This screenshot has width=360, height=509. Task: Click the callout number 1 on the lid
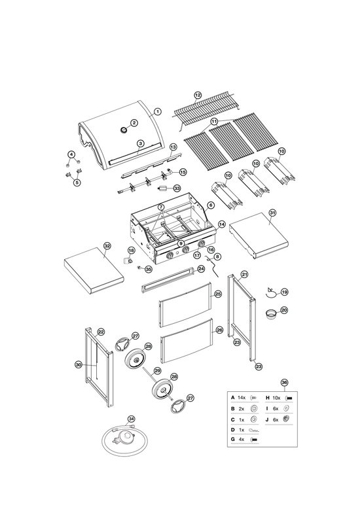click(x=158, y=112)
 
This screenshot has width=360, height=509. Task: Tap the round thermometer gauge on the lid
click(x=124, y=130)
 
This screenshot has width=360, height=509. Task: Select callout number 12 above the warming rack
click(x=198, y=95)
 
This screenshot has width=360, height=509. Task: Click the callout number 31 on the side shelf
click(x=272, y=213)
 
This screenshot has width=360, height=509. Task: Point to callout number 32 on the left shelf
click(x=107, y=246)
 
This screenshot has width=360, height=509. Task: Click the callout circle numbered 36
click(x=284, y=383)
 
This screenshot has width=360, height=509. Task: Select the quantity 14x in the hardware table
click(x=242, y=398)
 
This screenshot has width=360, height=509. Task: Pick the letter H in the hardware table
click(x=268, y=398)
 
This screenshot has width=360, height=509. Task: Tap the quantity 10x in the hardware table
click(x=276, y=398)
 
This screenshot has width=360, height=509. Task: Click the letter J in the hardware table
click(x=267, y=420)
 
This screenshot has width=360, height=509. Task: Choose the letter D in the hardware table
click(x=232, y=430)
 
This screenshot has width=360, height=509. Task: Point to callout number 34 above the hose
click(x=131, y=419)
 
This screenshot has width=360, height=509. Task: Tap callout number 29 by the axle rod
click(x=157, y=370)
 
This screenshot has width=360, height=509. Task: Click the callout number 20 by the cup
click(x=284, y=310)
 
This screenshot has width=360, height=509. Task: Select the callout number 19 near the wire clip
click(x=284, y=292)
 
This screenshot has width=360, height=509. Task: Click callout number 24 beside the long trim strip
click(x=201, y=269)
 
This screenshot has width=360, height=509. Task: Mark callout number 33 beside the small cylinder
click(x=177, y=188)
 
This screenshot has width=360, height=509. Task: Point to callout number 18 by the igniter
click(x=131, y=251)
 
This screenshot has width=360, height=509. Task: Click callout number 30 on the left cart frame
click(x=79, y=365)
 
